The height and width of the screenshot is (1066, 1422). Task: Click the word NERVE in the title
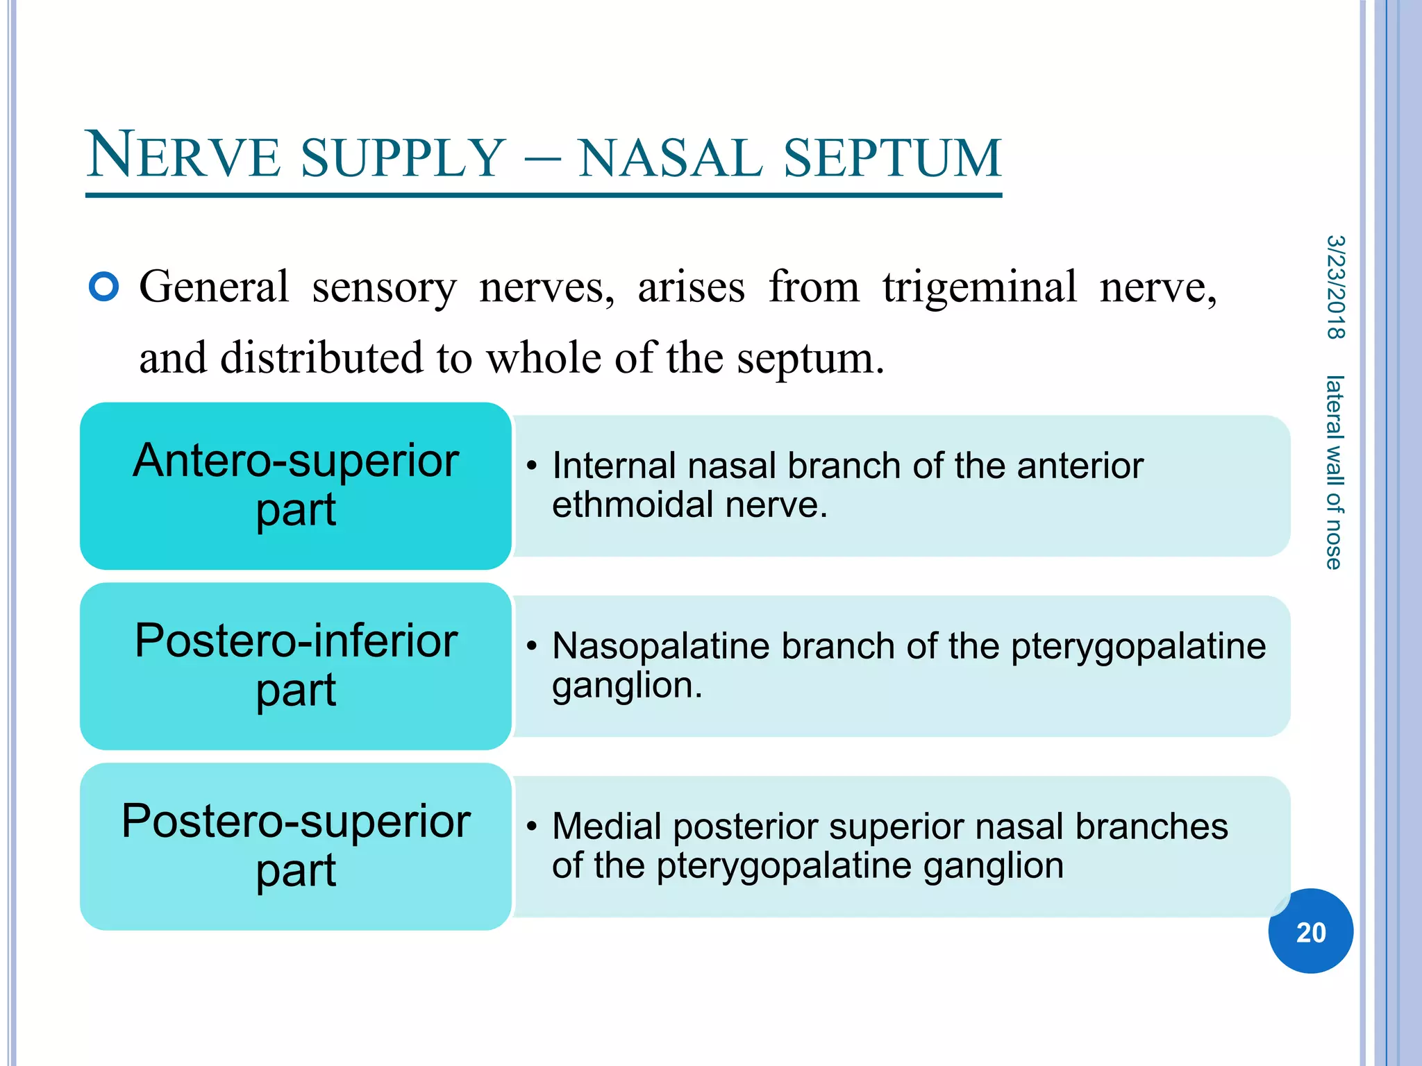pos(184,156)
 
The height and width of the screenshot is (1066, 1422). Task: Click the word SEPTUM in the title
pos(892,158)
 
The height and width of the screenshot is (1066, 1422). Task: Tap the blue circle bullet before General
pos(104,287)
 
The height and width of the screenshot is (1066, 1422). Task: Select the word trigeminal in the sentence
pos(980,287)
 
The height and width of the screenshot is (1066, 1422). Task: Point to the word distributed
pos(321,359)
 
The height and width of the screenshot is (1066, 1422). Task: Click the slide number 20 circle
pos(1310,931)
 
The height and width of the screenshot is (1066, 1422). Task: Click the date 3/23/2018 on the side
pos(1335,287)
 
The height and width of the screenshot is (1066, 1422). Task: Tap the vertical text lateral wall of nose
pos(1334,472)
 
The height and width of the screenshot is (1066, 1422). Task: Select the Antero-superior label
pos(296,461)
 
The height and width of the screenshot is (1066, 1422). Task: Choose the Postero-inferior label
pos(296,641)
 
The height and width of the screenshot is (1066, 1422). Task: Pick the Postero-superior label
pos(296,821)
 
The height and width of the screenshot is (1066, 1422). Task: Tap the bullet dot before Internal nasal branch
pos(531,466)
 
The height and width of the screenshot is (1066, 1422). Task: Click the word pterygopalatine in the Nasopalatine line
pos(1138,647)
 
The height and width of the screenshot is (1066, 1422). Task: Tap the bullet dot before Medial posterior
pos(531,827)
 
